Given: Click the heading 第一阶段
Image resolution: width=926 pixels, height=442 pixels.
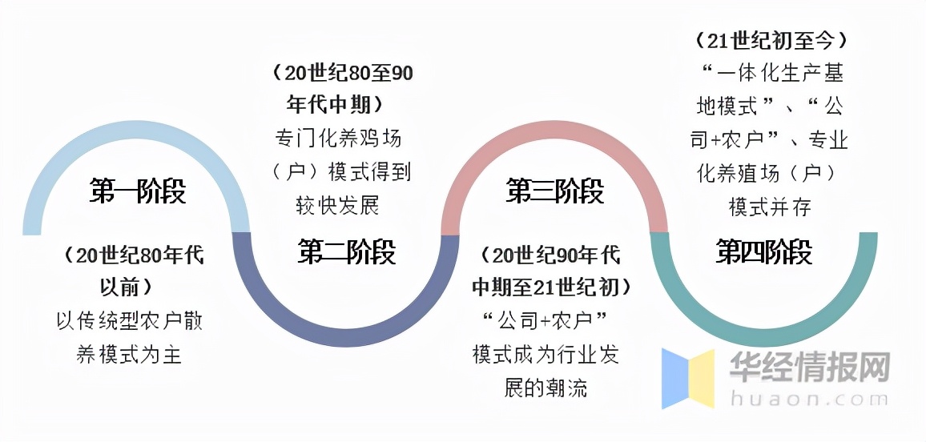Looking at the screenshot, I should [138, 192].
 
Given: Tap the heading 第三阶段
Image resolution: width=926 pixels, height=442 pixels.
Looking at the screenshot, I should [555, 191].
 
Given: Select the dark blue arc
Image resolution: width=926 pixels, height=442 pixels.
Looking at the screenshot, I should [346, 336].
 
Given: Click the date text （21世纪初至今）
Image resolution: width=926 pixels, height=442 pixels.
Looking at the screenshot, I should [771, 39].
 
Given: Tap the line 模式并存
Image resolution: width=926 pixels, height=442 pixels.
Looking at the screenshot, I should [770, 207].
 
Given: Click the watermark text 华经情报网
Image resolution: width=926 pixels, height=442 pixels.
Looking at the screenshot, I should [809, 369].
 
